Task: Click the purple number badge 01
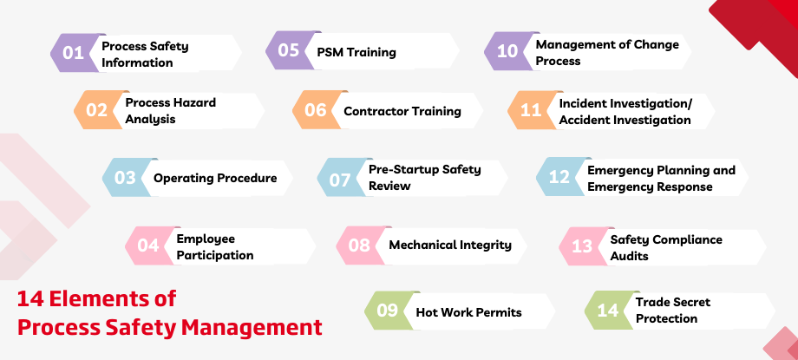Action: click(x=73, y=54)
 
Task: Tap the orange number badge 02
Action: click(x=96, y=110)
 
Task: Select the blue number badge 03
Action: click(x=125, y=178)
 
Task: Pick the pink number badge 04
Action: click(x=148, y=245)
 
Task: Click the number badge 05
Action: click(x=288, y=51)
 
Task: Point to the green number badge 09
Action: click(x=387, y=311)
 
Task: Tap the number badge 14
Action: click(x=607, y=311)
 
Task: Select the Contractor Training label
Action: click(x=402, y=111)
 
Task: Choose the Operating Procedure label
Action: click(x=215, y=178)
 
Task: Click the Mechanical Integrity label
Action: click(x=450, y=245)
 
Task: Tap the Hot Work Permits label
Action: click(x=469, y=311)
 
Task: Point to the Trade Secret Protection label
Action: click(x=672, y=311)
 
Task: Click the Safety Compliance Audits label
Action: click(x=665, y=247)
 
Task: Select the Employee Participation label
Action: click(x=215, y=246)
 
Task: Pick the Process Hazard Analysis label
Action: click(x=170, y=110)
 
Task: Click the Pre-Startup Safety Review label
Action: click(x=424, y=178)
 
